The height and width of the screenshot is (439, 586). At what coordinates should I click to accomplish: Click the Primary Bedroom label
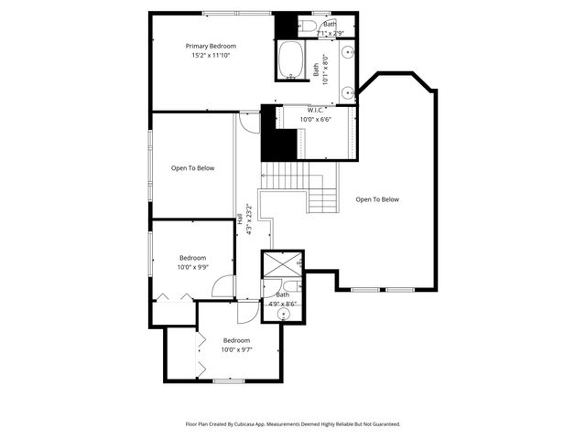tap(211, 46)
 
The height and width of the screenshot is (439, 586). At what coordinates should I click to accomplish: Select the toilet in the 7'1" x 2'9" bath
tap(309, 25)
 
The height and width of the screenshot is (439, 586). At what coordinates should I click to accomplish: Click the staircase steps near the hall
tap(293, 175)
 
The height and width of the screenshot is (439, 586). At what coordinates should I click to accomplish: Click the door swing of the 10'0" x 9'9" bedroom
tap(223, 287)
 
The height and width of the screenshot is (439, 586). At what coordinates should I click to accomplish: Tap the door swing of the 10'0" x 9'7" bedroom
tap(248, 312)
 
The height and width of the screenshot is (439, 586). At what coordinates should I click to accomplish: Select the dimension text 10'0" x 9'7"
tap(236, 349)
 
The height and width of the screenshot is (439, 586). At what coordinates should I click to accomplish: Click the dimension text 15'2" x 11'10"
tap(211, 56)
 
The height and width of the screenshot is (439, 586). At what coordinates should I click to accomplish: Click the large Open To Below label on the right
tap(377, 199)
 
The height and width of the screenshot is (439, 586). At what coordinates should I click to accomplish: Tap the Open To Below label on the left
tap(193, 168)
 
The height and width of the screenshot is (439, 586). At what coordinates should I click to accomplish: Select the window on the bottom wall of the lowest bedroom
tap(227, 380)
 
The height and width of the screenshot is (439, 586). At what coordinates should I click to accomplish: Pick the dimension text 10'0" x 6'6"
tap(316, 119)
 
